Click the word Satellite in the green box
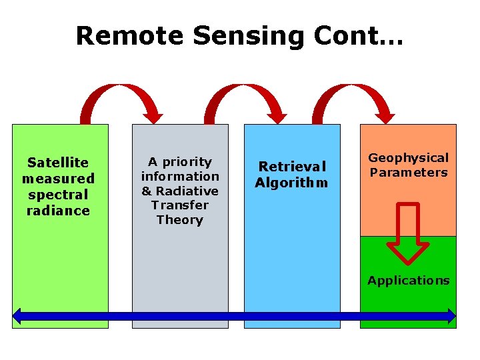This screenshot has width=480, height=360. pyautogui.click(x=58, y=163)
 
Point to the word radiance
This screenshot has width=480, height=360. pyautogui.click(x=58, y=211)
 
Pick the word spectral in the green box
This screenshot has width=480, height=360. pyautogui.click(x=58, y=195)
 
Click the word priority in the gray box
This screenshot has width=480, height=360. pyautogui.click(x=187, y=162)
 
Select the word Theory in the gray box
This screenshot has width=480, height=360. pyautogui.click(x=179, y=220)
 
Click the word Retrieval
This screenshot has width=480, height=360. pyautogui.click(x=292, y=167)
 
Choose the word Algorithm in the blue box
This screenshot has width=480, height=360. pyautogui.click(x=291, y=183)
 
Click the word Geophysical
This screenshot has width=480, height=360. pyautogui.click(x=409, y=158)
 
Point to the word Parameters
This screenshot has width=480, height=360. pyautogui.click(x=409, y=173)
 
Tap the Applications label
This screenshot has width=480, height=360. pyautogui.click(x=409, y=281)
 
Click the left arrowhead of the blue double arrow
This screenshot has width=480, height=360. pyautogui.click(x=18, y=316)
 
